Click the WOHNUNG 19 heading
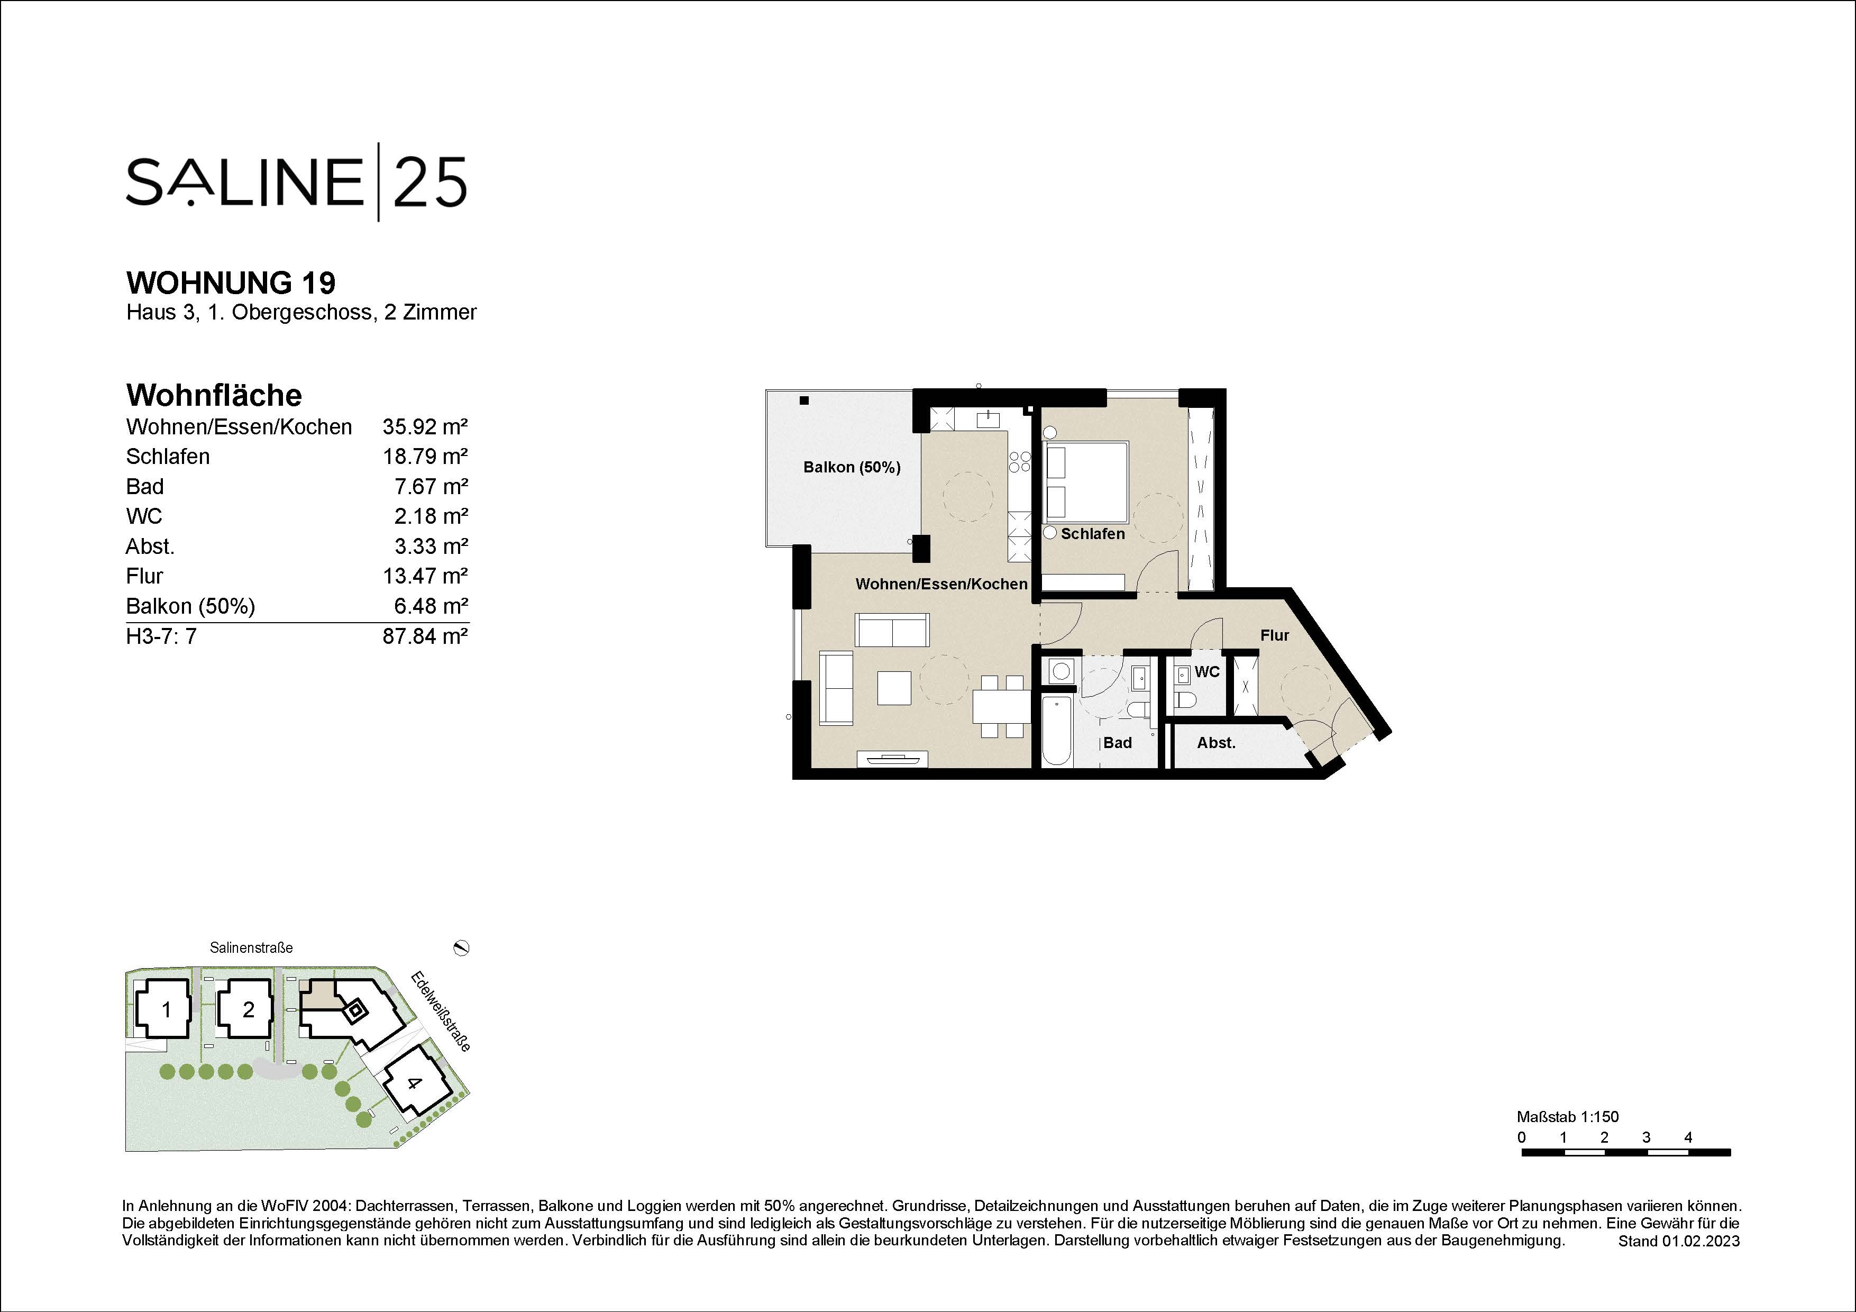pos(231,283)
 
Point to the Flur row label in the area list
pos(145,576)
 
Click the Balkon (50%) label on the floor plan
pos(851,467)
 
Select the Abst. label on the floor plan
pos(1216,743)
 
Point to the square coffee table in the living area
pos(894,688)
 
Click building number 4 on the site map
pos(414,1083)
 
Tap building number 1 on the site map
pos(167,1010)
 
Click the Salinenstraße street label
pos(251,947)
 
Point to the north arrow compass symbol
pos(462,947)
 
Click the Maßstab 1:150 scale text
pos(1567,1117)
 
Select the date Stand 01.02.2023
pos(1678,1241)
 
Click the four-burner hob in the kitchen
pos(1019,462)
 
